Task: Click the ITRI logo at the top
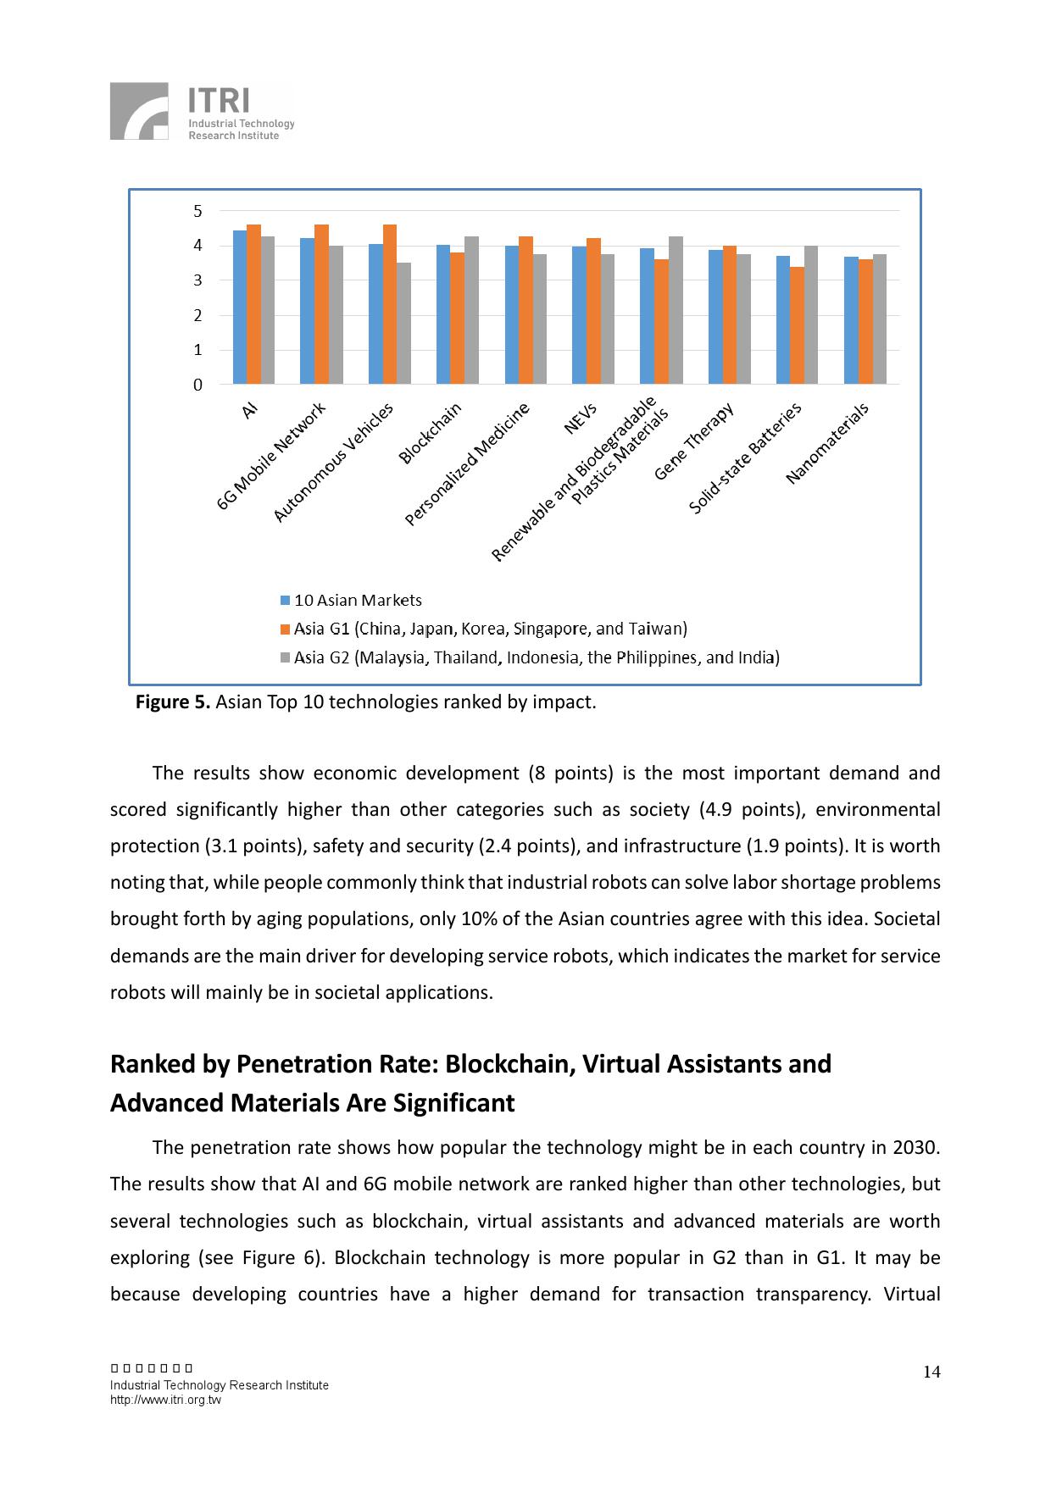[x=202, y=111]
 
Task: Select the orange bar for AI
[x=253, y=304]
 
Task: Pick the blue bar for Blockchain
[x=443, y=314]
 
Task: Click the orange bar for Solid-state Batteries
[x=797, y=325]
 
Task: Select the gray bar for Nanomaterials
[x=879, y=319]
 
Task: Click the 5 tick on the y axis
[x=198, y=211]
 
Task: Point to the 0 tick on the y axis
[x=198, y=385]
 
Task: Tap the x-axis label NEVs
[x=581, y=418]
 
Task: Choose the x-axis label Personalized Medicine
[x=467, y=463]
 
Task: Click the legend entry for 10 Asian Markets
[x=357, y=601]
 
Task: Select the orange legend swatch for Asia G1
[x=286, y=629]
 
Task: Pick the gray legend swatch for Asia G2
[x=286, y=658]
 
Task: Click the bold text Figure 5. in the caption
[x=173, y=702]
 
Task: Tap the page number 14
[x=931, y=1372]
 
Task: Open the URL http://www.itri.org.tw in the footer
[x=165, y=1400]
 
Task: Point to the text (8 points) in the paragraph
[x=570, y=773]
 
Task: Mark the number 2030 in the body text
[x=915, y=1148]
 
